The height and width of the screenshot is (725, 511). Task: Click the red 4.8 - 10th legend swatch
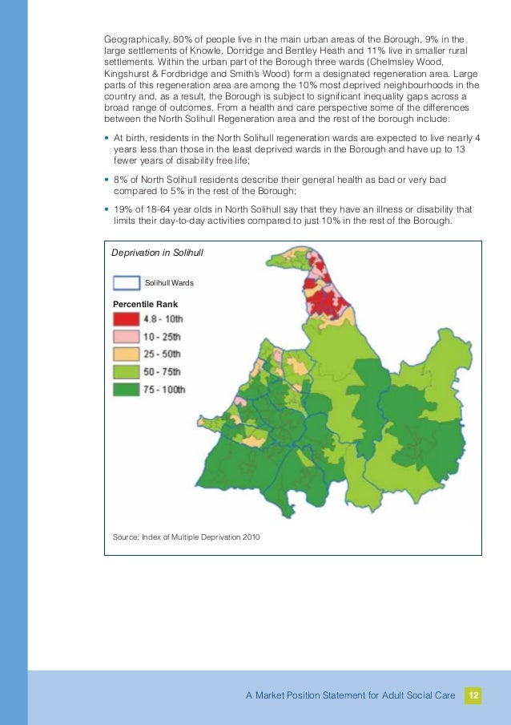pos(127,319)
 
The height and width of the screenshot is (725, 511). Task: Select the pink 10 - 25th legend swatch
pos(127,337)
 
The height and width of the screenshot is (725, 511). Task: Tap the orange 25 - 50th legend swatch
pos(127,354)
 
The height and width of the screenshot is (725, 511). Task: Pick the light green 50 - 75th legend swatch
pos(127,372)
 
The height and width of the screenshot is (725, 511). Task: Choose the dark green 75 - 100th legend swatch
pos(127,390)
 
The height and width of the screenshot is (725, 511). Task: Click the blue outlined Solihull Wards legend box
pos(126,282)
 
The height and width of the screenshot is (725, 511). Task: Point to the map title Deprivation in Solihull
pos(157,253)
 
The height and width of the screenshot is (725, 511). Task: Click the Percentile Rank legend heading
pos(145,304)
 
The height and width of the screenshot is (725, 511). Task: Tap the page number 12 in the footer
pos(473,695)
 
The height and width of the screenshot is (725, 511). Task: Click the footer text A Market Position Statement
pos(352,695)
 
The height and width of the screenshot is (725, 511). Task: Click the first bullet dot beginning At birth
pos(107,137)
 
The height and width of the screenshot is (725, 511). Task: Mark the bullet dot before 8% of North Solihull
pos(107,180)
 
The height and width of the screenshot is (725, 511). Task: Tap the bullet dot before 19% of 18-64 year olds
pos(107,210)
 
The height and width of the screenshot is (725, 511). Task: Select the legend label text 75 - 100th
pos(163,390)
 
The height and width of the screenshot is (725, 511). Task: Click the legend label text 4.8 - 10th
pos(163,319)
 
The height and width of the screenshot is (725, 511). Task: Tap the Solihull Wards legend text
pos(169,282)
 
